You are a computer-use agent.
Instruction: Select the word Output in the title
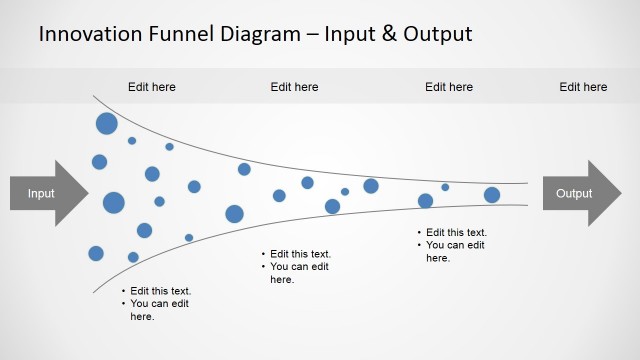pyautogui.click(x=439, y=35)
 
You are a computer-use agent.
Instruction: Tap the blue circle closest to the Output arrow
pyautogui.click(x=492, y=195)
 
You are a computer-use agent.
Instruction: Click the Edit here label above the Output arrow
pyautogui.click(x=583, y=87)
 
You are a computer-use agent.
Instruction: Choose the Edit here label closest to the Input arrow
pyautogui.click(x=152, y=87)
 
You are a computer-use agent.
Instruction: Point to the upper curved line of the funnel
pyautogui.click(x=300, y=161)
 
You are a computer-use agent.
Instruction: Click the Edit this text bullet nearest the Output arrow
pyautogui.click(x=455, y=233)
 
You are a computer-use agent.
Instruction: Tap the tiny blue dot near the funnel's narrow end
pyautogui.click(x=445, y=187)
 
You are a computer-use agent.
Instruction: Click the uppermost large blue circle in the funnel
pyautogui.click(x=107, y=124)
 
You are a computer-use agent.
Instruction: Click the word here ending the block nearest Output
pyautogui.click(x=438, y=258)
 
